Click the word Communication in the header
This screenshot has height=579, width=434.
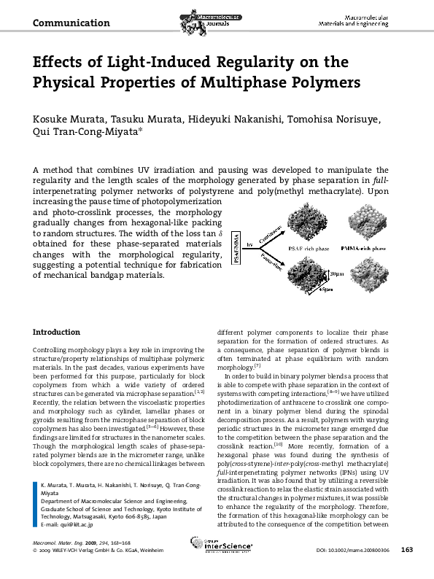pos(71,23)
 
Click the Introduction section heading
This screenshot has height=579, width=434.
pos(57,332)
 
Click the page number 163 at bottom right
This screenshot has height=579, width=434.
pos(408,570)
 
